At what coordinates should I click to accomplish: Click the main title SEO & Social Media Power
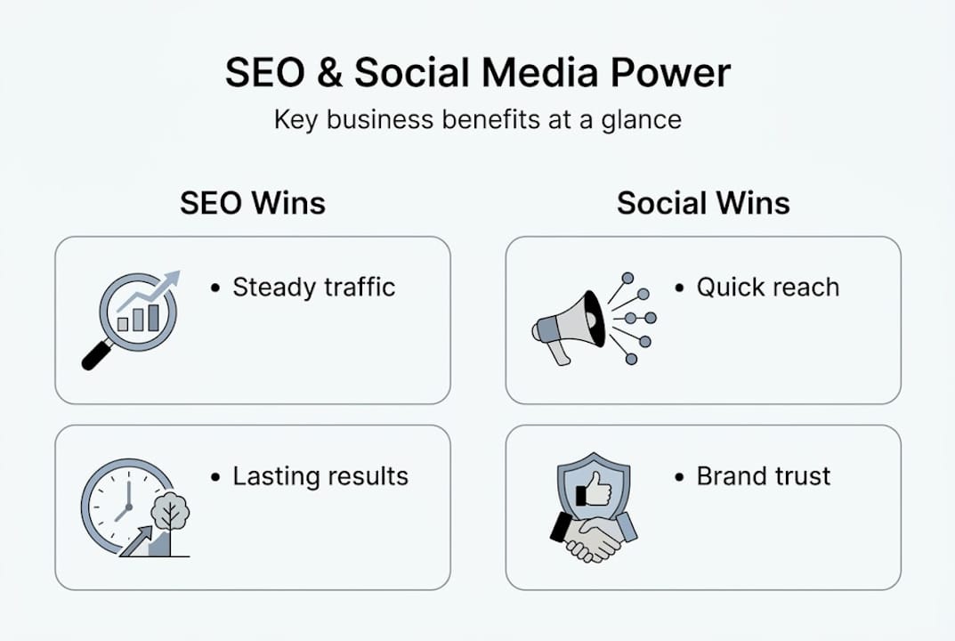point(477,74)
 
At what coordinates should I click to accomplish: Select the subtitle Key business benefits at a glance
point(477,119)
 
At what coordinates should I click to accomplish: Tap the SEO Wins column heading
point(253,203)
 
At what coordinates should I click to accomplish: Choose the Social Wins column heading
point(703,203)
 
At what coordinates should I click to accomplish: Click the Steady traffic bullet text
point(313,288)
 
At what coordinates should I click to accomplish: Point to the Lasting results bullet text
point(320,476)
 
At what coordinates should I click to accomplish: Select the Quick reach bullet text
point(767,288)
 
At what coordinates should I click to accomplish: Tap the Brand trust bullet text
point(763,476)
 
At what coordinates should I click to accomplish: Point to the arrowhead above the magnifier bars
point(172,279)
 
